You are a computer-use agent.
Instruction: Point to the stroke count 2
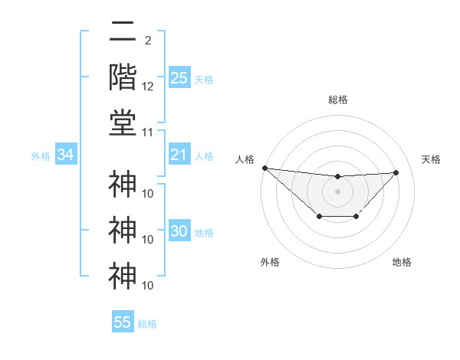click(147, 40)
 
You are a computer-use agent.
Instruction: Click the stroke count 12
click(148, 87)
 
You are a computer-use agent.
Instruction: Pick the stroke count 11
click(148, 133)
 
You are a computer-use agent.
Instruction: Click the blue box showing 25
click(179, 78)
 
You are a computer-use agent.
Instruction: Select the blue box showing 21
click(179, 155)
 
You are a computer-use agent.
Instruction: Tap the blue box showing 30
click(179, 232)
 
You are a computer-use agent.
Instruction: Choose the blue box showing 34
click(65, 155)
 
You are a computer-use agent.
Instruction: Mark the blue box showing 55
click(123, 322)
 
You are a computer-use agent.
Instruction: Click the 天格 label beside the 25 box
click(204, 80)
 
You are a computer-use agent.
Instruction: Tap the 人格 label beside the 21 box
click(204, 156)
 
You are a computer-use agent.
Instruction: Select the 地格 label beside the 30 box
click(204, 233)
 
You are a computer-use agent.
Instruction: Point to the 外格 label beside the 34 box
click(41, 156)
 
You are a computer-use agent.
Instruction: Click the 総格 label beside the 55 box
click(147, 324)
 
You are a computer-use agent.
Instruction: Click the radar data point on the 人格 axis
click(264, 168)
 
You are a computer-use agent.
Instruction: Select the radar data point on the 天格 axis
click(396, 172)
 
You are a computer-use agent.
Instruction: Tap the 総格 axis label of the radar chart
click(337, 100)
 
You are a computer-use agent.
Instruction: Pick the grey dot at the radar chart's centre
click(337, 191)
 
